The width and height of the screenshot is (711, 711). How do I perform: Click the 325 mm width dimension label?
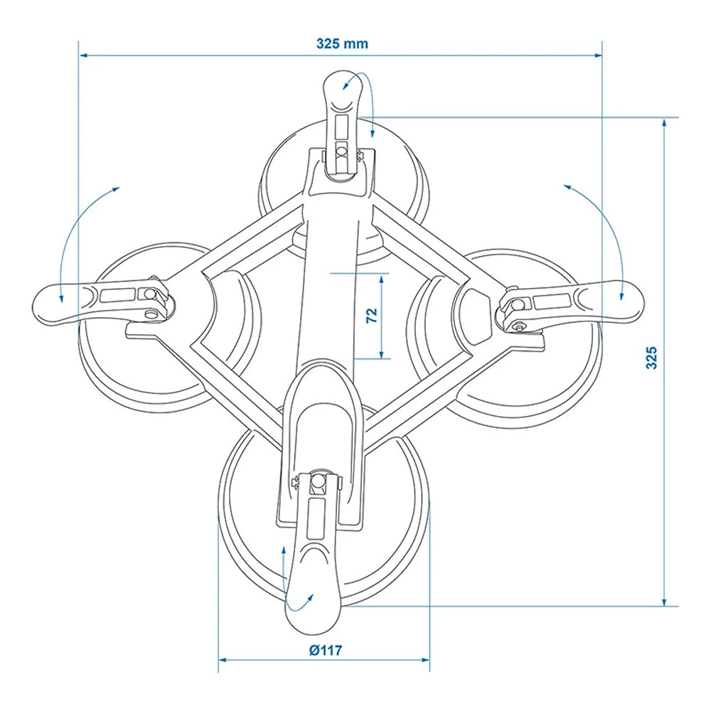point(342,43)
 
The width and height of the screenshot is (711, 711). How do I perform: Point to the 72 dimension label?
point(371,316)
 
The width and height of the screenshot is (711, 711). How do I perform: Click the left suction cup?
point(142,370)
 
